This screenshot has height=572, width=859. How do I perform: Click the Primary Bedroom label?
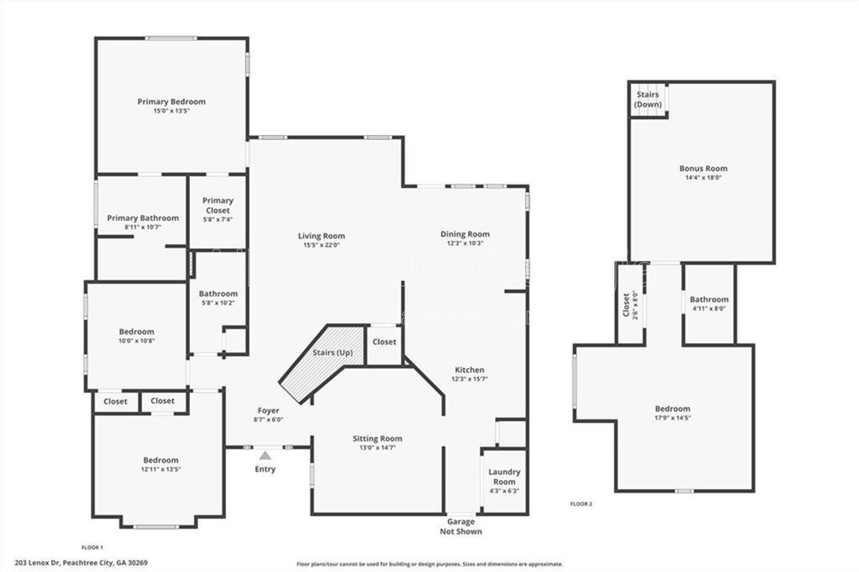[x=171, y=102]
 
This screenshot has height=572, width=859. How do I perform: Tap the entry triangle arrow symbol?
[x=265, y=456]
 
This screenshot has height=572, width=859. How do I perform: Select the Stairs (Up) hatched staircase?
[x=322, y=360]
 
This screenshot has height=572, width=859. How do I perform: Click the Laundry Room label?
[x=504, y=476]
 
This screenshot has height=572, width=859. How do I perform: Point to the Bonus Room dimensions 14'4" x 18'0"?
[x=703, y=177]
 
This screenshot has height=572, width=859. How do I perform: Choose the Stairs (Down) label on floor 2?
[x=647, y=99]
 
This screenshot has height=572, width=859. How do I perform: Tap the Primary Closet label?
[x=217, y=205]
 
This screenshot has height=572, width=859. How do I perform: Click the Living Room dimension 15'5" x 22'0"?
[x=321, y=245]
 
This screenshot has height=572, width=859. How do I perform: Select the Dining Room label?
[x=465, y=234]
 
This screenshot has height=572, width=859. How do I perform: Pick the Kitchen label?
[x=470, y=370]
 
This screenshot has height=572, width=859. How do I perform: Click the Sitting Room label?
[x=377, y=438]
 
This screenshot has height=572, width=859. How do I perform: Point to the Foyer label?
[x=268, y=410]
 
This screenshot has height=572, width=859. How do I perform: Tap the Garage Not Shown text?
[x=461, y=526]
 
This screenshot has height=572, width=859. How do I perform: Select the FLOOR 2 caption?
[x=581, y=504]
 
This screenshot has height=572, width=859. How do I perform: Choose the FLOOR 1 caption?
[x=92, y=547]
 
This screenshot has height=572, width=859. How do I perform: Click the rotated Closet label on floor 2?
[x=626, y=305]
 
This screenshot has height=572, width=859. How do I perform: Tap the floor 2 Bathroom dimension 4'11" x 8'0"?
[x=709, y=308]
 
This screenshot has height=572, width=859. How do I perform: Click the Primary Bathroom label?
[x=143, y=218]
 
